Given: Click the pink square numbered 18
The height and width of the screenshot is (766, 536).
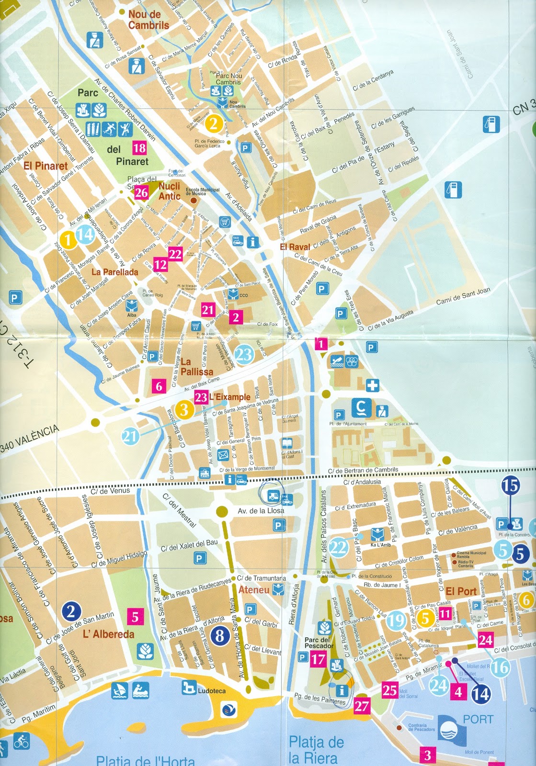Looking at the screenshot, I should click(x=139, y=147).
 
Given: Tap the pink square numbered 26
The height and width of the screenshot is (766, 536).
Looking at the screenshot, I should click(x=141, y=192).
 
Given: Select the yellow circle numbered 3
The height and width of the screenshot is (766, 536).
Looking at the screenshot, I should click(x=184, y=410).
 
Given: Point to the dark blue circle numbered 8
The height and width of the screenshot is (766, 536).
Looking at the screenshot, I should click(x=220, y=635).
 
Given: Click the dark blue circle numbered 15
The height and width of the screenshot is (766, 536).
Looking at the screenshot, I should click(x=511, y=485).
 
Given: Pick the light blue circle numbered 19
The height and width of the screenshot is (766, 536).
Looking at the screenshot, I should click(x=396, y=620).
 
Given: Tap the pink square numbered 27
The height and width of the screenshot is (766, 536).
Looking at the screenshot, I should click(x=362, y=706).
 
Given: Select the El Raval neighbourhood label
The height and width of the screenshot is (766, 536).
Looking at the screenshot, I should click(x=295, y=247).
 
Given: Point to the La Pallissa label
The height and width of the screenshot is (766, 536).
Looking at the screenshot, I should click(x=196, y=367).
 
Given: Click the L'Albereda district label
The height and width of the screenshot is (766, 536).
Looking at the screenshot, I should click(x=108, y=634).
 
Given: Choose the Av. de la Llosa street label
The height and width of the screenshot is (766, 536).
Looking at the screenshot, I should click(x=261, y=511).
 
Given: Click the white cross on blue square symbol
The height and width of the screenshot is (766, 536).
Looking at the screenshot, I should click(x=372, y=385).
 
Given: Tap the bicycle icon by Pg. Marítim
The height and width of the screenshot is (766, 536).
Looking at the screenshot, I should click(x=21, y=743).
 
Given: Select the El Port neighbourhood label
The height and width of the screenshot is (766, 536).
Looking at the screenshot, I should click(x=461, y=591).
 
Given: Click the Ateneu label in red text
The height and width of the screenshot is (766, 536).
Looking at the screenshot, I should click(x=254, y=590).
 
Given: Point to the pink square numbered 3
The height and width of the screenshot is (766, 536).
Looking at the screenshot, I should click(x=427, y=755).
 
